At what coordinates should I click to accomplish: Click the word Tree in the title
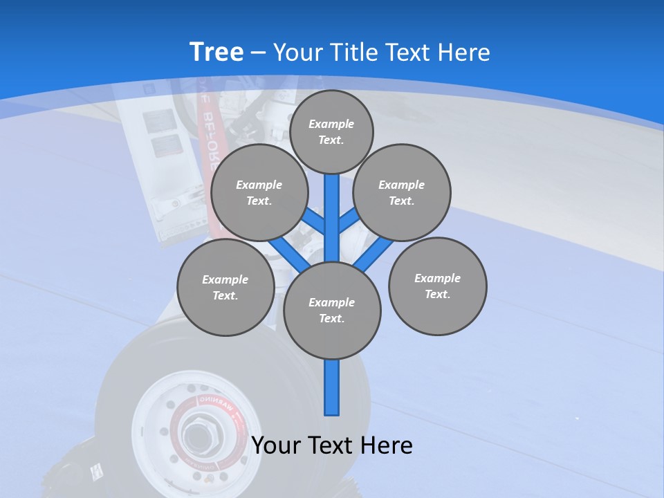click(x=216, y=53)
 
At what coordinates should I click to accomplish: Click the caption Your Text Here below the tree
click(x=331, y=445)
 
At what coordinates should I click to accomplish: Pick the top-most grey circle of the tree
click(x=331, y=131)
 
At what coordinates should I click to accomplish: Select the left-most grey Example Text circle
click(x=225, y=287)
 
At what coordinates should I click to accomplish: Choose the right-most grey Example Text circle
click(x=438, y=286)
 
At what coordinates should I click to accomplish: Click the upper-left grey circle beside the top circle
click(x=259, y=192)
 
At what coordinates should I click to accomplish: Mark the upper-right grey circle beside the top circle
click(x=402, y=192)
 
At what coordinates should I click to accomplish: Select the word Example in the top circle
click(x=331, y=124)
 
